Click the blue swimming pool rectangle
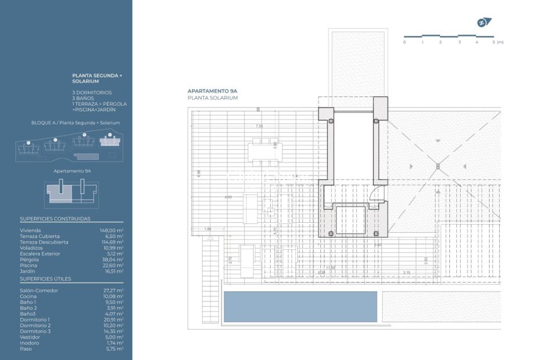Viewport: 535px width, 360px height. coord(300,307)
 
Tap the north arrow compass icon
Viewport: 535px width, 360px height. coord(483,23)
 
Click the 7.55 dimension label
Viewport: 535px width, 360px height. coord(259,126)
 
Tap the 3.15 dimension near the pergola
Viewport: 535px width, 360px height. coord(406,273)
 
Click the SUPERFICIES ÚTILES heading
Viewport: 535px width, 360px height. coord(45,278)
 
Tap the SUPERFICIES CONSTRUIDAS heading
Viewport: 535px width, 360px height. coord(55,219)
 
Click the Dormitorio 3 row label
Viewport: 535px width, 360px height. coord(35,331)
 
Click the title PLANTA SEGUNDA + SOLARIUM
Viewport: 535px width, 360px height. coord(98,78)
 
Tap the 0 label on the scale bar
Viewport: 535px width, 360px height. coord(404,42)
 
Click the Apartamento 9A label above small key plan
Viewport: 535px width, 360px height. coord(73,171)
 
